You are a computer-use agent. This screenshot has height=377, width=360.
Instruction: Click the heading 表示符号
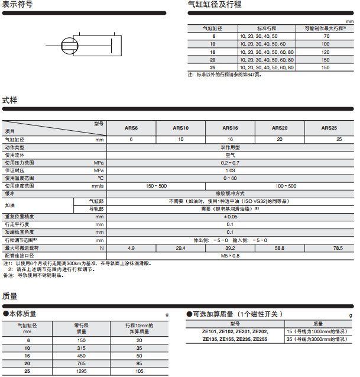tap(17, 5)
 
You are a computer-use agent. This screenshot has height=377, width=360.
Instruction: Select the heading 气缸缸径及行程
tap(214, 5)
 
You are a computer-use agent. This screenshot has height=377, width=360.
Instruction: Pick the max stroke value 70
tap(325, 36)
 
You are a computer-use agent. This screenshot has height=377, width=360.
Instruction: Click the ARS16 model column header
tap(230, 127)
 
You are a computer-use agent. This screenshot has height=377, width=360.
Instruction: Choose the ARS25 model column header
tap(329, 127)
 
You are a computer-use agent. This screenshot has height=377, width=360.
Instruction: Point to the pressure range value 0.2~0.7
tap(230, 162)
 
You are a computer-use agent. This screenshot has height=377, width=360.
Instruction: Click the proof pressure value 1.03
tap(230, 170)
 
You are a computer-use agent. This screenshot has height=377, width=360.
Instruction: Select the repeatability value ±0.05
tap(230, 217)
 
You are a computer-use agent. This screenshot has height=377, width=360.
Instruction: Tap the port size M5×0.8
tap(230, 256)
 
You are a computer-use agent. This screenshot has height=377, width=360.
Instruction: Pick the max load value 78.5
tap(338, 248)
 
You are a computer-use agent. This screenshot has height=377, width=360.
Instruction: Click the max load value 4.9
tap(131, 248)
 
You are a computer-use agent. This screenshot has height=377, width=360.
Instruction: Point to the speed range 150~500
tap(156, 186)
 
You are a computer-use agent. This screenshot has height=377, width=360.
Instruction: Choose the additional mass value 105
tap(140, 370)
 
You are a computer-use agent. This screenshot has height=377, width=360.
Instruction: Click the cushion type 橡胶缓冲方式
tap(230, 194)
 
